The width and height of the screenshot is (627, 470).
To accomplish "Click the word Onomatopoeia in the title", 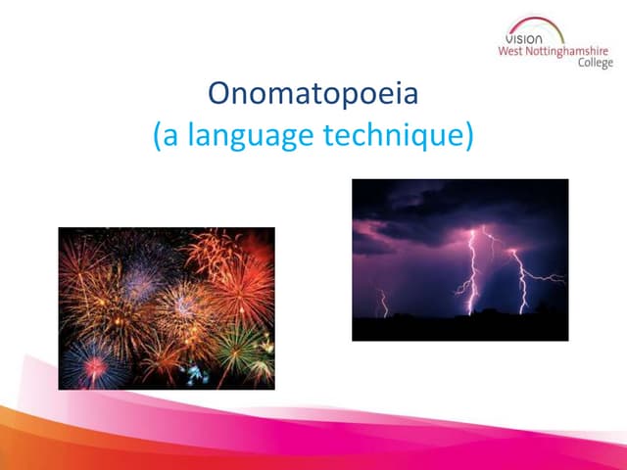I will [x=313, y=95].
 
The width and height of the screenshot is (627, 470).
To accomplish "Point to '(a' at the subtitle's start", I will [x=166, y=136].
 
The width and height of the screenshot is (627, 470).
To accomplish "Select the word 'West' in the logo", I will [x=516, y=51].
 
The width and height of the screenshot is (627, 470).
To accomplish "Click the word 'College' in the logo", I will [x=592, y=64].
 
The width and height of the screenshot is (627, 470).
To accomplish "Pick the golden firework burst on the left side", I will [x=98, y=294].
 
